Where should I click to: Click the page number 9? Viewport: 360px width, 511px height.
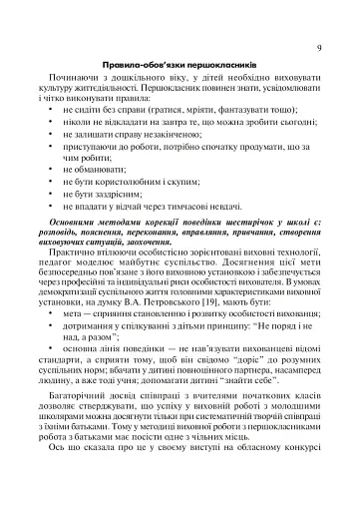[317, 47]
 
